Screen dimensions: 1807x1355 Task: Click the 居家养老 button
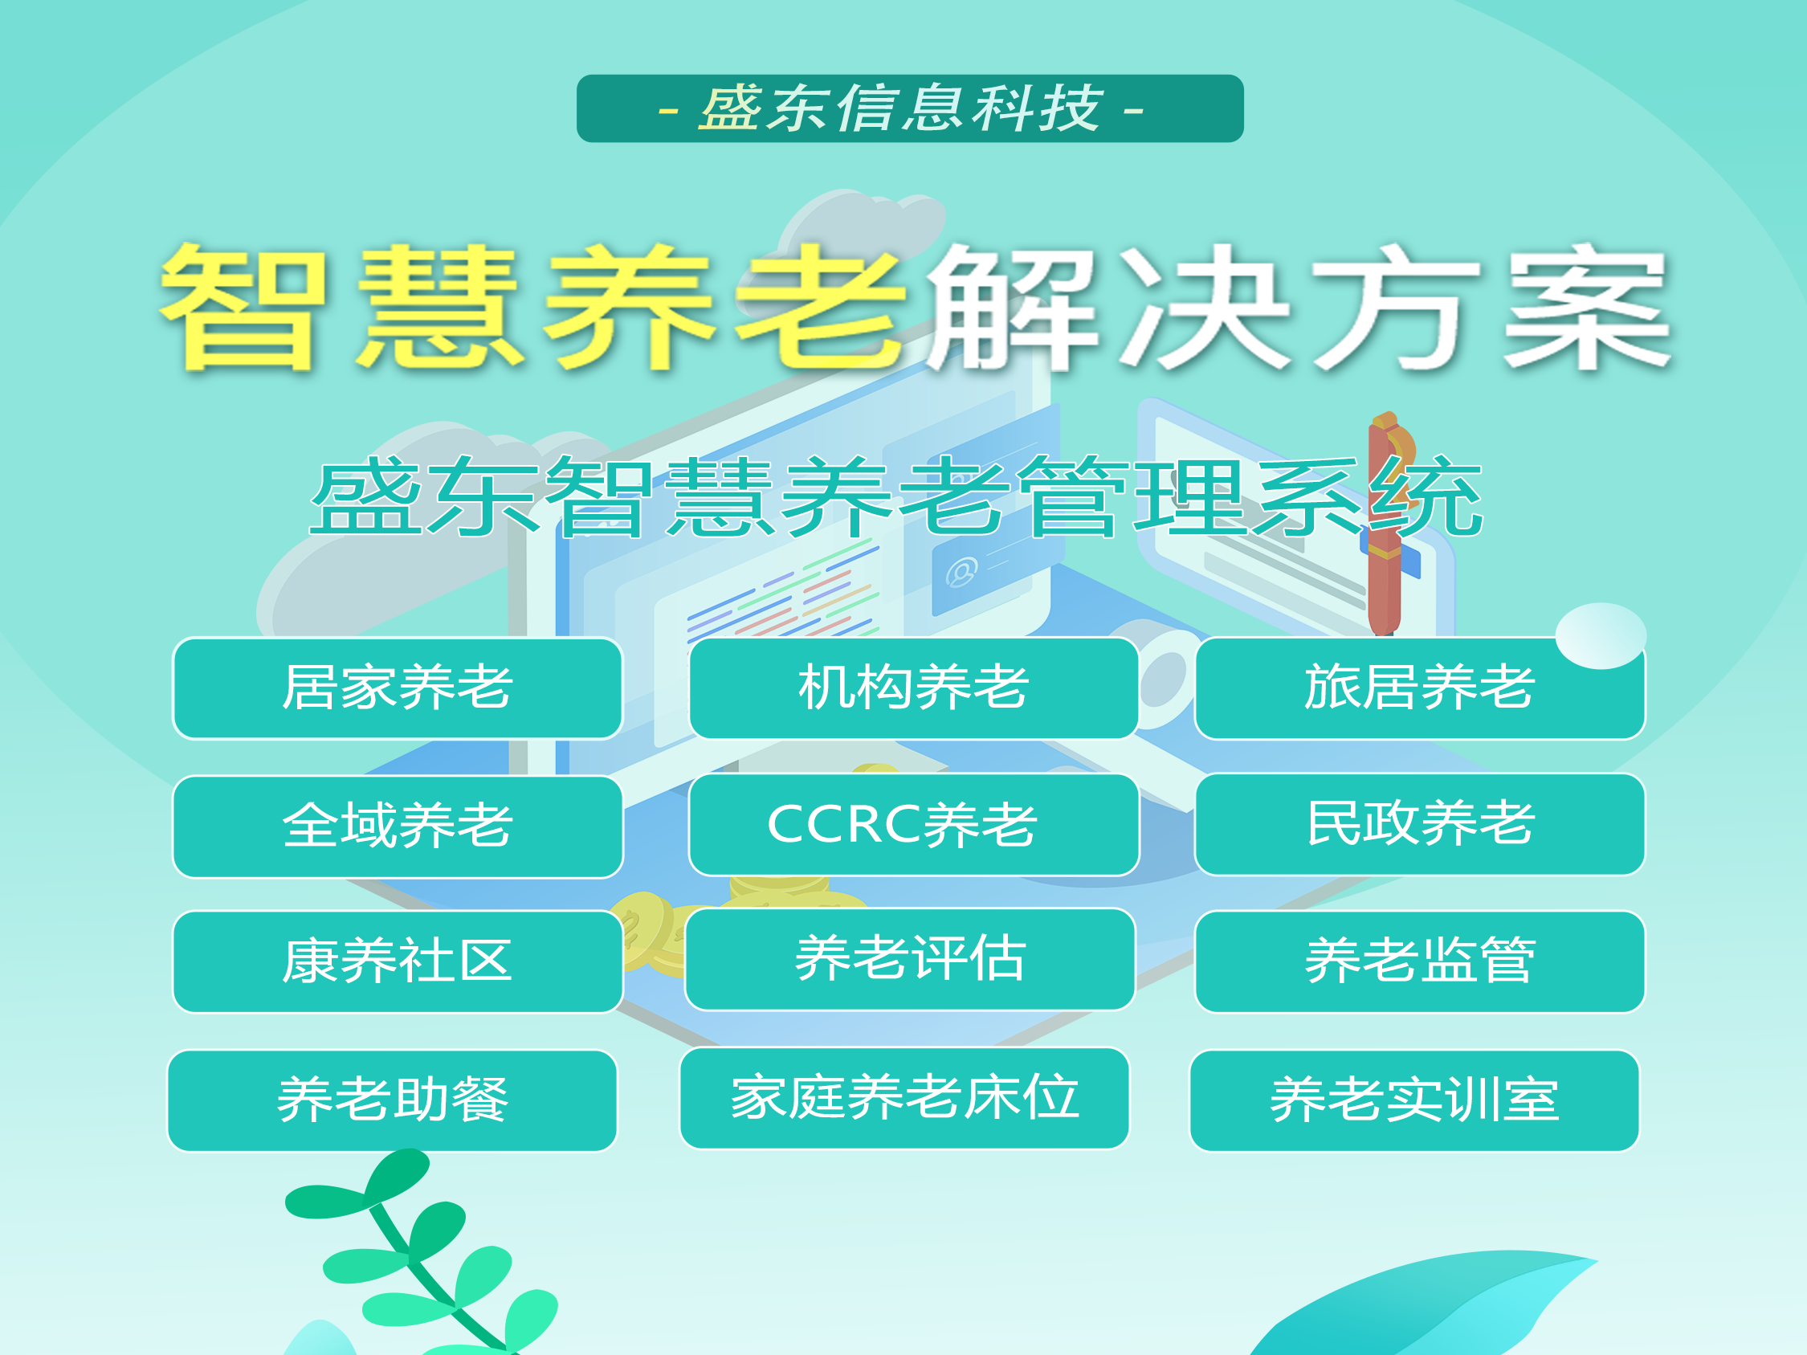pyautogui.click(x=398, y=688)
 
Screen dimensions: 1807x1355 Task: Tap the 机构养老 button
pyautogui.click(x=913, y=688)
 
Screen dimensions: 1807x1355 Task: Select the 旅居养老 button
pyautogui.click(x=1420, y=688)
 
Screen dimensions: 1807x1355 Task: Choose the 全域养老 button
pyautogui.click(x=398, y=826)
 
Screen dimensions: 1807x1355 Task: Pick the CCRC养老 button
pyautogui.click(x=913, y=825)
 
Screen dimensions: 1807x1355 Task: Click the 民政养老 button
pyautogui.click(x=1420, y=825)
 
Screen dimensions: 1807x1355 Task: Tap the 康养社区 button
pyautogui.click(x=398, y=962)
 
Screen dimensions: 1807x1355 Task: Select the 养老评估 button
pyautogui.click(x=910, y=960)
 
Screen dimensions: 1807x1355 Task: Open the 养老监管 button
pyautogui.click(x=1420, y=962)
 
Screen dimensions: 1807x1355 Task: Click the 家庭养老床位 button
pyautogui.click(x=905, y=1099)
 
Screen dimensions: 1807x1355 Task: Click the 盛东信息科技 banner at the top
pyautogui.click(x=910, y=108)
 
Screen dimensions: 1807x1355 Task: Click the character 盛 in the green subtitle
pyautogui.click(x=367, y=496)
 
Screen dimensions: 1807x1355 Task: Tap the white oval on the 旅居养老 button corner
pyautogui.click(x=1601, y=636)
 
